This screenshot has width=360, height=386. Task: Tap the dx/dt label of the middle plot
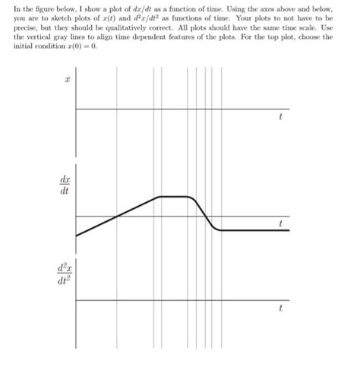64,186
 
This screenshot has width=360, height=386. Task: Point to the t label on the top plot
280,118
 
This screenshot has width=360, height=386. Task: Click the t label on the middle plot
280,224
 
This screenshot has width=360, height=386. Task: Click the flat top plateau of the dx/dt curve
173,196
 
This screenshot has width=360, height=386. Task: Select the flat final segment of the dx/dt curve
254,229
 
